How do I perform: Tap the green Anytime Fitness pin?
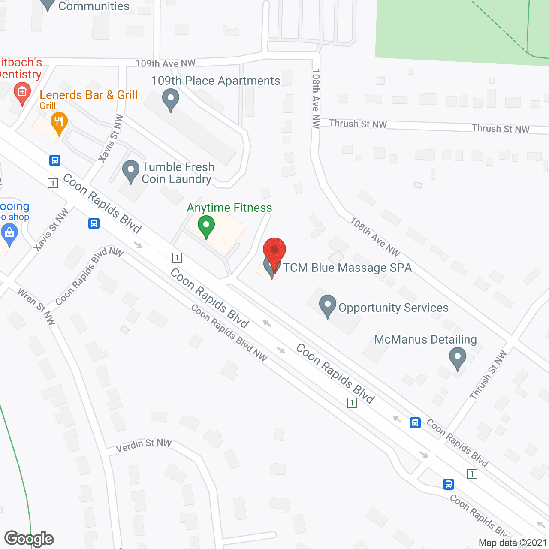206,226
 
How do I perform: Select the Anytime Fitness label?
229,208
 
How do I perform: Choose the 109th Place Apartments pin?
171,99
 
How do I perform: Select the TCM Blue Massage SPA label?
347,268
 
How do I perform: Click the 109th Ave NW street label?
166,63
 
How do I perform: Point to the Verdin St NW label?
144,445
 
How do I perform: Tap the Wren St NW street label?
37,306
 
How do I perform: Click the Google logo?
29,538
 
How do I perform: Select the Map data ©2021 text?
513,543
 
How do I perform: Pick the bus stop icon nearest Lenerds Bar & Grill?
54,160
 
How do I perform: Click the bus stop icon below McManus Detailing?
415,423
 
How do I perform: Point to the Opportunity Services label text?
393,308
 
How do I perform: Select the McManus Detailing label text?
425,340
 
